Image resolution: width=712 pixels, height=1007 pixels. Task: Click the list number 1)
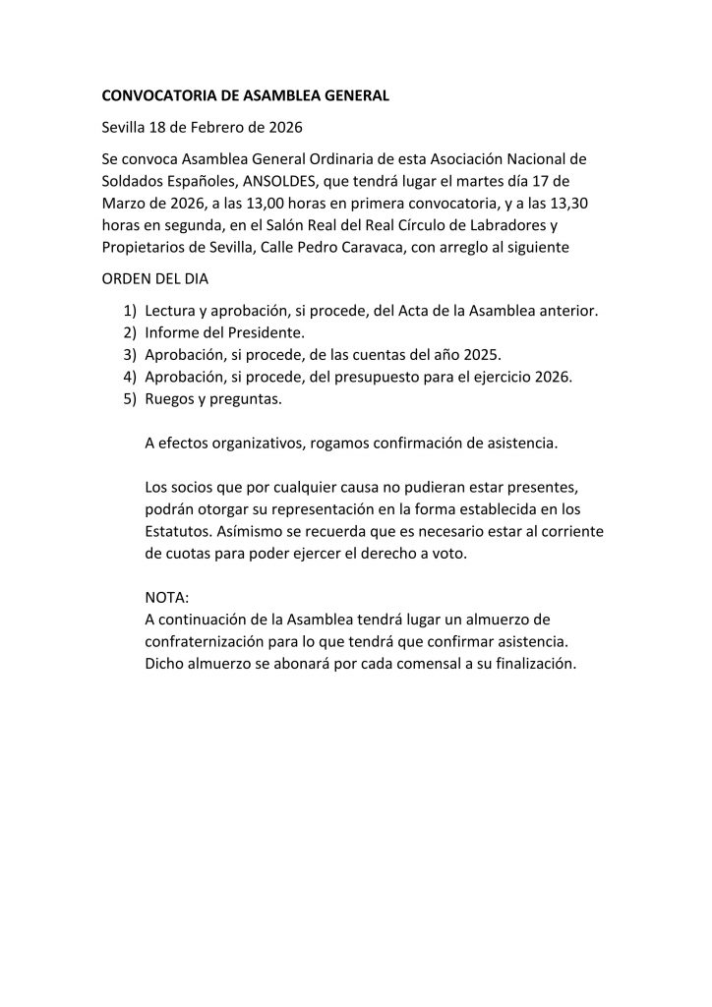pyautogui.click(x=130, y=312)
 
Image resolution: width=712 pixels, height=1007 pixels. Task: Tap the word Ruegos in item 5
pyautogui.click(x=169, y=398)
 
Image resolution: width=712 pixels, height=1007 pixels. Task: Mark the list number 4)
pyautogui.click(x=130, y=377)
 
